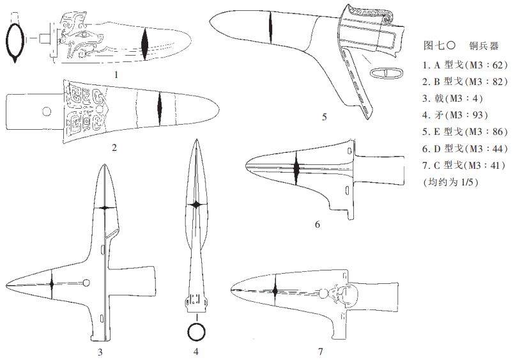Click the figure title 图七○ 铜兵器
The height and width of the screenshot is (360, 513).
click(461, 45)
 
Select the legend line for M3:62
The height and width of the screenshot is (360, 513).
click(465, 65)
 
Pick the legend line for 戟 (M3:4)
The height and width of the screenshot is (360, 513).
click(452, 98)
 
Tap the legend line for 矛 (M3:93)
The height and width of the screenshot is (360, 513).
click(455, 115)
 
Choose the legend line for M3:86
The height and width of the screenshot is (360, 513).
click(465, 132)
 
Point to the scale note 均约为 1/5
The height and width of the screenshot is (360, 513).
click(451, 182)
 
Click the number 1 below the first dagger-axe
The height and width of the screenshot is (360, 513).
click(116, 75)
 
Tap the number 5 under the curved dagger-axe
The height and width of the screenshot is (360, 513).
click(325, 117)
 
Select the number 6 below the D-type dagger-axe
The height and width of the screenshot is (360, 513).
click(317, 224)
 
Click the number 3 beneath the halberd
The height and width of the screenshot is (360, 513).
click(100, 352)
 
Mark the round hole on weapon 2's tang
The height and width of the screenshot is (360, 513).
click(47, 112)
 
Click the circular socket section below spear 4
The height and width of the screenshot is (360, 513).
click(196, 332)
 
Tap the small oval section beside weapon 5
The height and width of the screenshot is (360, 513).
click(387, 73)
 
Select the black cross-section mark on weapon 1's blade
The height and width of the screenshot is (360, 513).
click(144, 44)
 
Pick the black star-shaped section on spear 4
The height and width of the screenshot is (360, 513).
click(196, 205)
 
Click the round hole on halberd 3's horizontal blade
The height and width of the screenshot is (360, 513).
click(86, 283)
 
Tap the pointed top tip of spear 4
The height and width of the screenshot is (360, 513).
click(196, 139)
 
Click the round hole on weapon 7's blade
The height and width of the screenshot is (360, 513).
click(323, 294)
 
